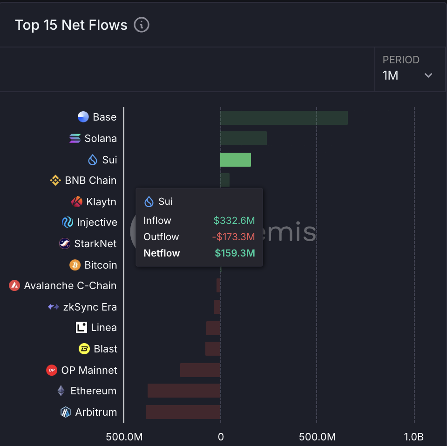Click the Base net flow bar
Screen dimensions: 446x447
[x=284, y=118]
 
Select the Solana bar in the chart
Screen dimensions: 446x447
[x=244, y=138]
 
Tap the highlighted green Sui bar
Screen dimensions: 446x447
[x=236, y=160]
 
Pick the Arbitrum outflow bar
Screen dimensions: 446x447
[x=183, y=412]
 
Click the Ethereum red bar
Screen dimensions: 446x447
[x=184, y=391]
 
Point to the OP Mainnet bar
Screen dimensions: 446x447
[x=200, y=370]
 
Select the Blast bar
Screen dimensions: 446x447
[x=213, y=349]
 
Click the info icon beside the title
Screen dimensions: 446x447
[x=142, y=25]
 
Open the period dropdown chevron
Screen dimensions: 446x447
[x=428, y=75]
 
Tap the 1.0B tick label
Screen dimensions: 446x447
[x=413, y=437]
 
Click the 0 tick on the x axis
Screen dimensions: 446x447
[x=221, y=437]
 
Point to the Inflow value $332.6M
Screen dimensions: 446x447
[x=234, y=221]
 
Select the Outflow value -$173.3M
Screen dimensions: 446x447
[x=233, y=237]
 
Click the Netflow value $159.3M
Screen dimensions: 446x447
[x=235, y=253]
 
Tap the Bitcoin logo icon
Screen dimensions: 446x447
[x=75, y=265]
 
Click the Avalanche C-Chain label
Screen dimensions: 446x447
[x=70, y=285]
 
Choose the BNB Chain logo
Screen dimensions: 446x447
[x=55, y=180]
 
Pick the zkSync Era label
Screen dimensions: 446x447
[x=90, y=307]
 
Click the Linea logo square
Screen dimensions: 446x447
[x=81, y=327]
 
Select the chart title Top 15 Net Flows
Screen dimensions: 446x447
[x=71, y=25]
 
